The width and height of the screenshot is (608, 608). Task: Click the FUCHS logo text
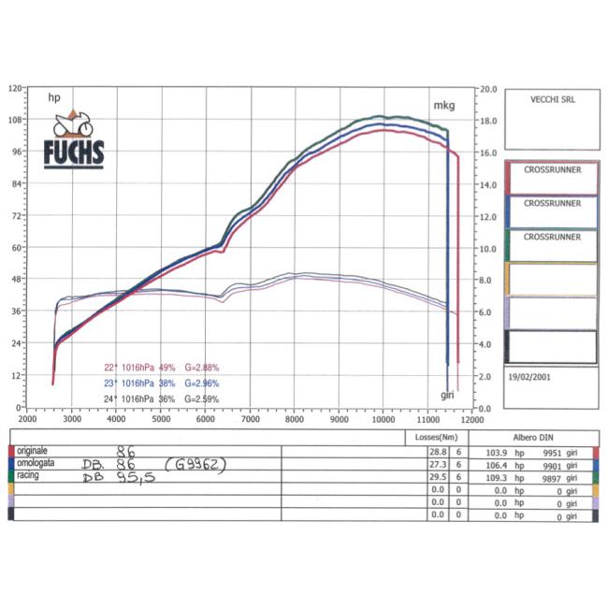[x=74, y=152]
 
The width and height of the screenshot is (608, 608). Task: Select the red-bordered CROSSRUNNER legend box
[x=551, y=177]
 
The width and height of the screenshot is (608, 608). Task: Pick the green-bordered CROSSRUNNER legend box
[x=551, y=243]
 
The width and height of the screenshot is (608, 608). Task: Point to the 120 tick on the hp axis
[x=14, y=89]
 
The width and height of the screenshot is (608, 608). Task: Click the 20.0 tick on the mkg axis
[x=488, y=89]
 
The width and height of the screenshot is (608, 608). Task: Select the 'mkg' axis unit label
[x=443, y=106]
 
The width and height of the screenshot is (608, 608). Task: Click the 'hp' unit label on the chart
[x=54, y=96]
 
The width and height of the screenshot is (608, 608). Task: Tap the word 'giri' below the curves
[x=448, y=395]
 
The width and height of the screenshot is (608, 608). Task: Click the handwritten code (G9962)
[x=196, y=464]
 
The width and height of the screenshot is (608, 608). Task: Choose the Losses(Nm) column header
[x=436, y=437]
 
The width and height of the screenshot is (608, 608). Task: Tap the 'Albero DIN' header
[x=533, y=437]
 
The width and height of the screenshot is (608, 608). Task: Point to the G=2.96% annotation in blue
[x=201, y=383]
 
